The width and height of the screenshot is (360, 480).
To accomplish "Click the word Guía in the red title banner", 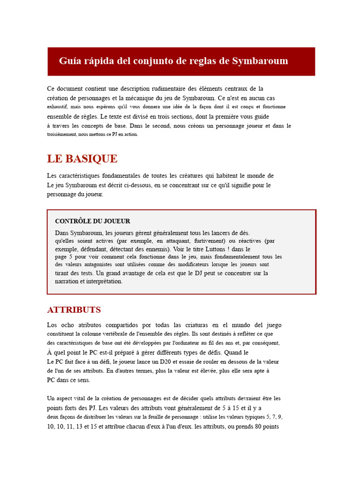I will click(x=70, y=61).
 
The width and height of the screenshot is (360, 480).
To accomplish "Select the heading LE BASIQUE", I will click(x=82, y=159).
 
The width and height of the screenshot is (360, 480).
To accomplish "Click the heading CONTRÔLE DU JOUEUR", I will click(x=93, y=221).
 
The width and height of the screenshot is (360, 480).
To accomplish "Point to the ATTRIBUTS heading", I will click(x=74, y=310).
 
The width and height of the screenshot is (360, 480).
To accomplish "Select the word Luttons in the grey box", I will click(x=216, y=249).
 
